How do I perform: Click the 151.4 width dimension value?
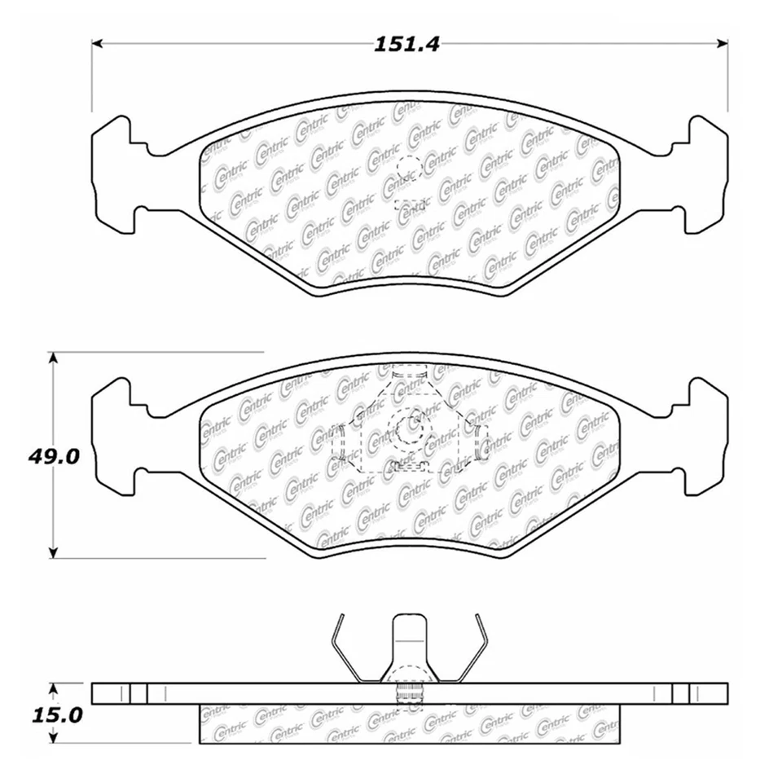tap(406, 45)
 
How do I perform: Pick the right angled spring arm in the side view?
tap(475, 648)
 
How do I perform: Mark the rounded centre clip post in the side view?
tap(410, 644)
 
